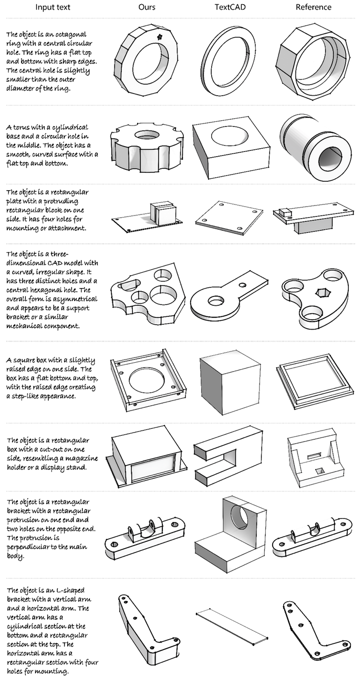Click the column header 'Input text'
(x=53, y=7)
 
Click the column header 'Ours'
(x=147, y=7)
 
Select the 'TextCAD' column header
(x=230, y=7)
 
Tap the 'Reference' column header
(x=313, y=7)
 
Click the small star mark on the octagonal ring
(x=160, y=37)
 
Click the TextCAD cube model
(x=230, y=384)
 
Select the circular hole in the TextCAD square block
(x=229, y=136)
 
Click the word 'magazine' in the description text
(x=84, y=458)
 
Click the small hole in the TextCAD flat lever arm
(x=242, y=285)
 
